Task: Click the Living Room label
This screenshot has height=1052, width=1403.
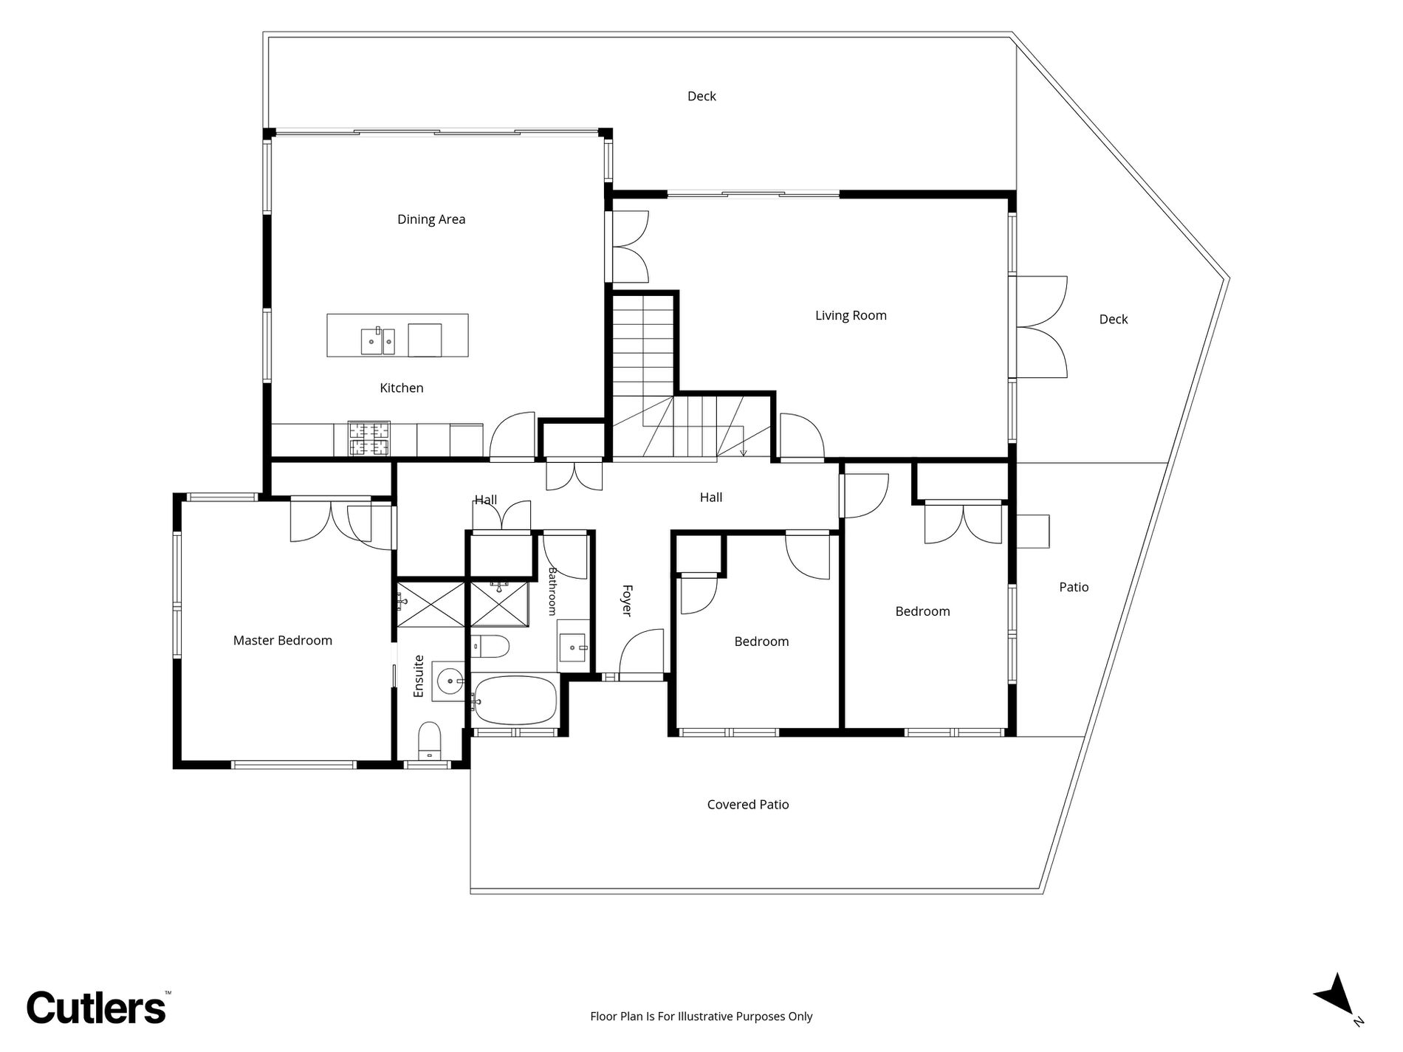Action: coord(851,316)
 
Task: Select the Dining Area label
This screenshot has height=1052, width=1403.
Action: coord(431,219)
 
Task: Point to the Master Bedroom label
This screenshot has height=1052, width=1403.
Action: coord(283,641)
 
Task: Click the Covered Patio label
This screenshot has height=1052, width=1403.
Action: coord(748,805)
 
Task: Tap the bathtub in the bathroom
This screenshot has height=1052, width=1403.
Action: coord(515,700)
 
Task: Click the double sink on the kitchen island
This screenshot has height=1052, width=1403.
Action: coord(378,341)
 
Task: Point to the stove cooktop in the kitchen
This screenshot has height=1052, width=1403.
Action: coord(368,439)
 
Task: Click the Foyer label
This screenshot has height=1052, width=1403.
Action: coord(626,600)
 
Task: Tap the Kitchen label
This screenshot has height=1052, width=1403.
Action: coord(402,388)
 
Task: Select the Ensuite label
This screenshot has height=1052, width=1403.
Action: coord(419,676)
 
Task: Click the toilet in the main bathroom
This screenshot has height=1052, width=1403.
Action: coord(490,647)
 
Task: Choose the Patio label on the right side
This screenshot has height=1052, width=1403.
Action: coord(1074,588)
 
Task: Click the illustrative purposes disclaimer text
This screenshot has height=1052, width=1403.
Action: coord(701,1017)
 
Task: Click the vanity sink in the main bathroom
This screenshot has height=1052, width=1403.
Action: coord(574,647)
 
